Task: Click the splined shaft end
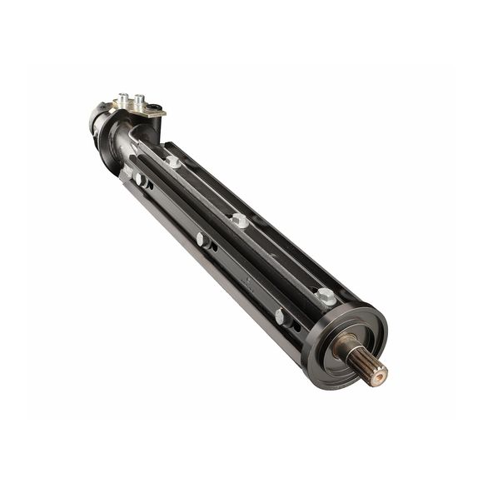click(x=366, y=363)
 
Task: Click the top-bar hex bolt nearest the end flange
click(x=325, y=296)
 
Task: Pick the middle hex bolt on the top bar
click(x=240, y=221)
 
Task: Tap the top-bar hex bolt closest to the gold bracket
click(x=172, y=162)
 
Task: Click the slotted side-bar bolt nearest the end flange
click(x=280, y=316)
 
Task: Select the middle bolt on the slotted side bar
click(x=202, y=241)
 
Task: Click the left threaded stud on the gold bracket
click(x=123, y=99)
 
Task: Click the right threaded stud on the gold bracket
click(x=138, y=101)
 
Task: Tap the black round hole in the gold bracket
click(x=154, y=107)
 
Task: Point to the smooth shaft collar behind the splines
click(x=344, y=346)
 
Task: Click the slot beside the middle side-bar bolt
click(x=214, y=246)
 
